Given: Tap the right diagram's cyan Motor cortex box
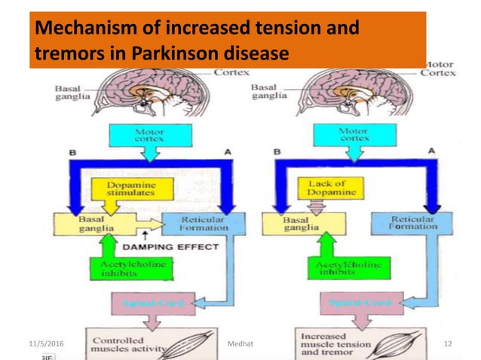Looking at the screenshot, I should click(x=353, y=134).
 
